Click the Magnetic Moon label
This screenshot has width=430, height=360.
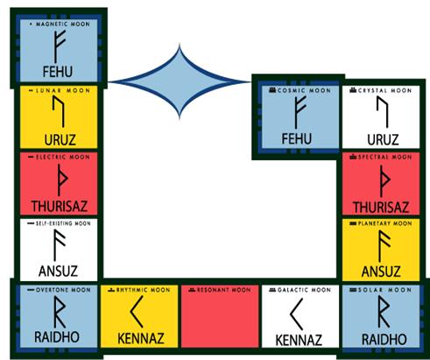(x=63, y=24)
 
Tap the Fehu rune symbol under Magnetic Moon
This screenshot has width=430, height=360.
(x=60, y=46)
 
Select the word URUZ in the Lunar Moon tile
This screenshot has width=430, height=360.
(x=60, y=140)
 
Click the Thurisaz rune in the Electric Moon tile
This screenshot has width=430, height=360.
(x=61, y=180)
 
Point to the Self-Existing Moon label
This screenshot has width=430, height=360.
(x=63, y=223)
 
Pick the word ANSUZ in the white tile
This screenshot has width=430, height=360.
(x=58, y=271)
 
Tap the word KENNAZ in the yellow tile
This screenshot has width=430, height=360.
(x=141, y=339)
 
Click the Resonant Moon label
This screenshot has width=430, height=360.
(x=223, y=290)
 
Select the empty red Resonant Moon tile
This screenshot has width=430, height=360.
(x=220, y=316)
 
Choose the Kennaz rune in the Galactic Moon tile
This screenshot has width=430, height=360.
(x=297, y=314)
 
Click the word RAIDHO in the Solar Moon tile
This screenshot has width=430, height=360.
(x=384, y=340)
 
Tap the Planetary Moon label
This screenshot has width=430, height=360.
(x=384, y=223)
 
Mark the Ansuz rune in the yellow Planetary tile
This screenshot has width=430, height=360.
(x=384, y=246)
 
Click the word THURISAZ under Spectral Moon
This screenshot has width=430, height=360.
(x=381, y=208)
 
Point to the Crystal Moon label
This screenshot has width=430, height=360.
(x=384, y=90)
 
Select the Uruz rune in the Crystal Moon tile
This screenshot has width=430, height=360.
(x=383, y=112)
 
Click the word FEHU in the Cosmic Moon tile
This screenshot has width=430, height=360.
(x=296, y=139)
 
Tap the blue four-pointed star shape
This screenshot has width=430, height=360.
(x=180, y=81)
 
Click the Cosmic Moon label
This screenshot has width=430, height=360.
(x=304, y=90)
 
